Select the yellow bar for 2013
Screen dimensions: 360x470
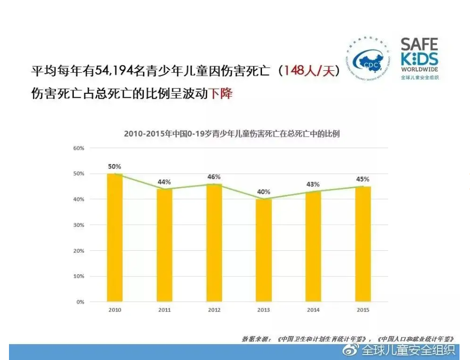click(263, 250)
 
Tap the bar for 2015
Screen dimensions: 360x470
click(363, 244)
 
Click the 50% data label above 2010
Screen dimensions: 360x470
click(115, 166)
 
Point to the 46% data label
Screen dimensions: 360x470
click(214, 177)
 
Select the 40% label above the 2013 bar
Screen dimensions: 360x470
click(263, 191)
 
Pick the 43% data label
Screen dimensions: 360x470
click(313, 184)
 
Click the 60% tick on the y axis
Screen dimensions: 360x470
click(79, 148)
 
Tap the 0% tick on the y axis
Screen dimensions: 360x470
click(81, 302)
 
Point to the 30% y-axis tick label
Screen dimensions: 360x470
click(79, 225)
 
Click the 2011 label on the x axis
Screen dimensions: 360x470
click(164, 310)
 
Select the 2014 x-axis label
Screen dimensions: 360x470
click(313, 310)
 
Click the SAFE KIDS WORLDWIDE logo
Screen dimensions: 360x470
click(420, 58)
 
